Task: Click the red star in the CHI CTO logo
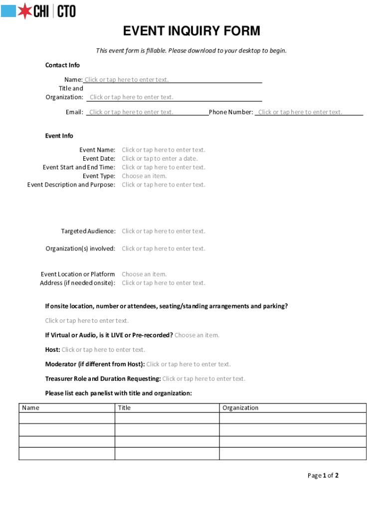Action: click(25, 10)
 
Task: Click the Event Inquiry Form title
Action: click(192, 31)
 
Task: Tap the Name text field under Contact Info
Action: click(127, 80)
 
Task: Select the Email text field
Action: click(131, 112)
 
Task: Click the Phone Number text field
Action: click(300, 112)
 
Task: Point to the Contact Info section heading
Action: click(62, 65)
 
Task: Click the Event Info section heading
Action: click(59, 136)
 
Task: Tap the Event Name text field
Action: click(163, 150)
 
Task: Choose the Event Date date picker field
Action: click(160, 159)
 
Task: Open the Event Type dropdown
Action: click(144, 176)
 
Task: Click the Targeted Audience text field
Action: click(163, 231)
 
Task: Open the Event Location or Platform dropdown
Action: click(144, 274)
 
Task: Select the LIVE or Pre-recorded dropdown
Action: click(196, 335)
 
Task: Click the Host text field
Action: click(103, 350)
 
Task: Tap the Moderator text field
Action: click(188, 364)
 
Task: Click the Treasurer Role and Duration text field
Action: click(203, 379)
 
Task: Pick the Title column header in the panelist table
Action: click(124, 408)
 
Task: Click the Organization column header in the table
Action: click(240, 408)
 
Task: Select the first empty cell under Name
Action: click(67, 418)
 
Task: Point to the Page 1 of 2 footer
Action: click(323, 476)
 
